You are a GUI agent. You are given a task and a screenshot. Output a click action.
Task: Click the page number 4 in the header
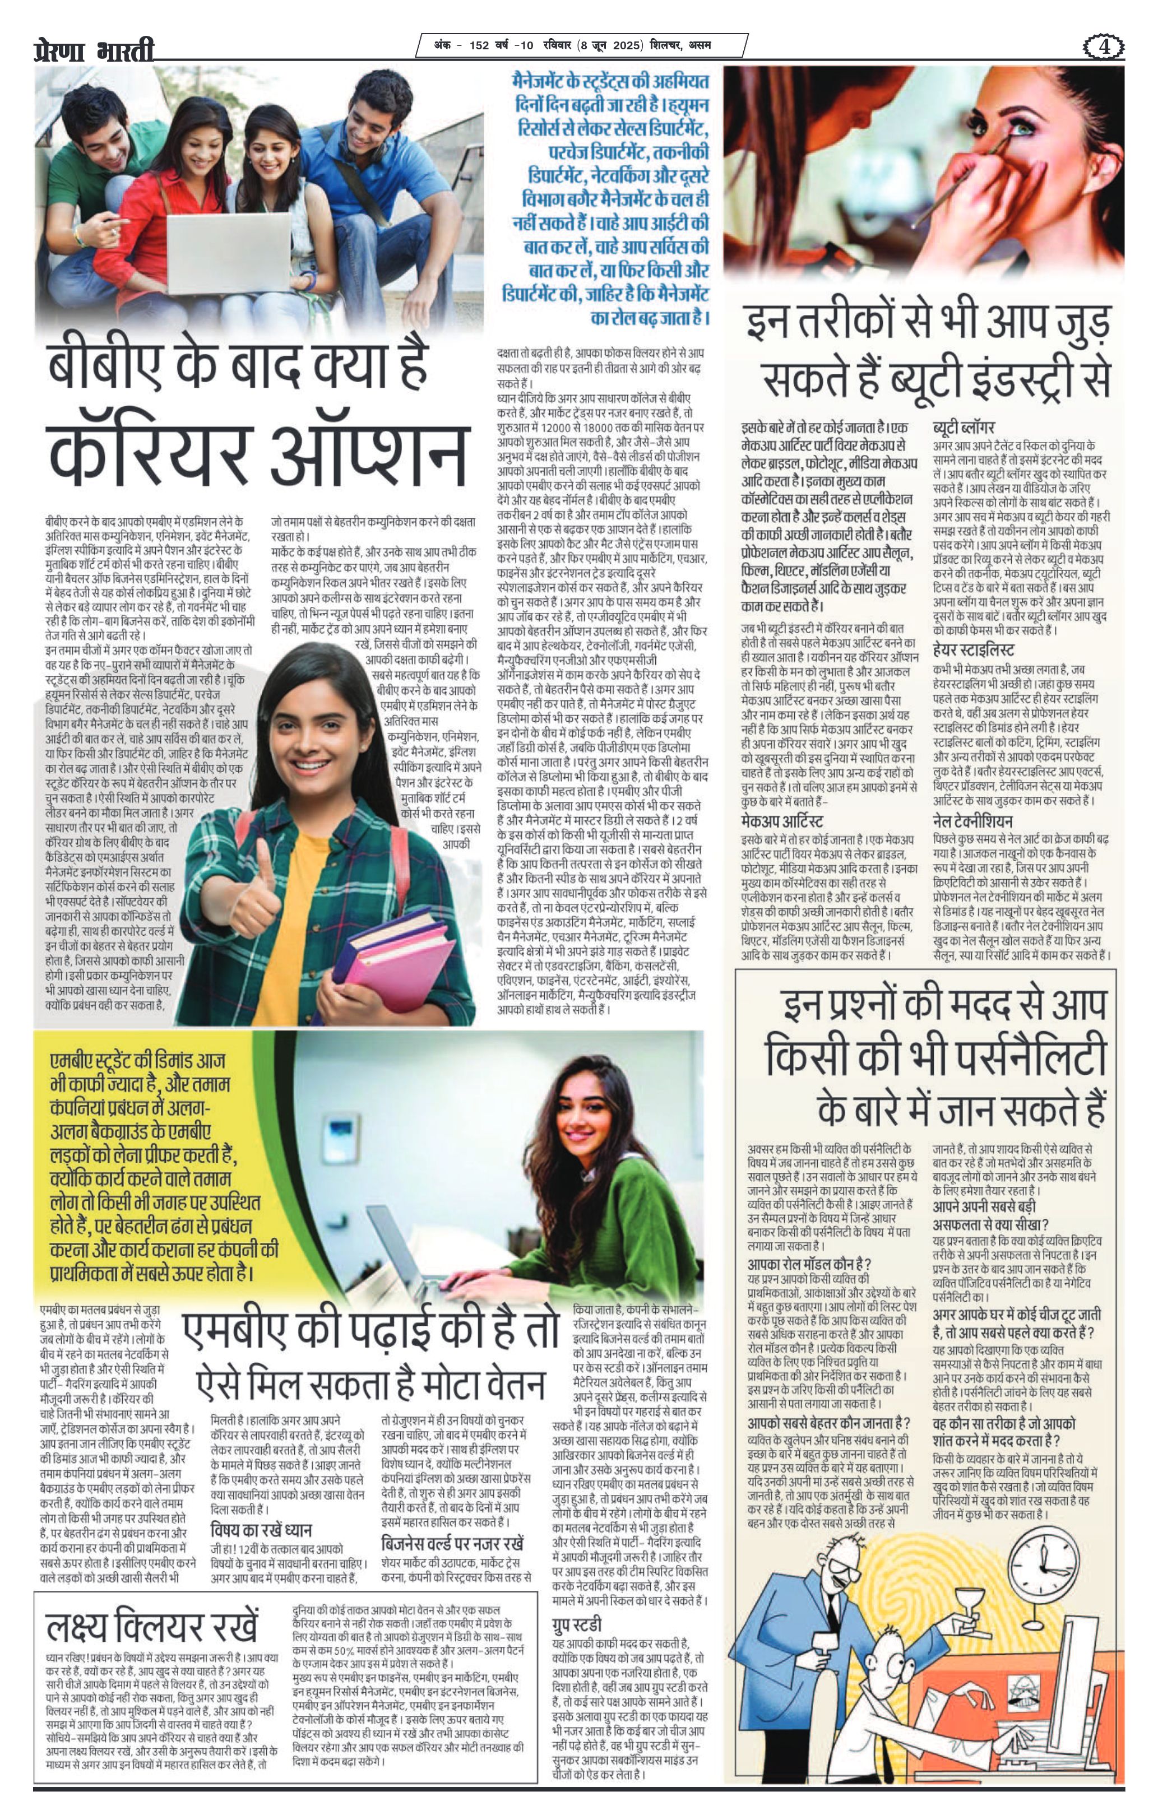click(1104, 47)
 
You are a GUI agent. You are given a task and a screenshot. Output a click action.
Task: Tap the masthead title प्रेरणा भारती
click(95, 50)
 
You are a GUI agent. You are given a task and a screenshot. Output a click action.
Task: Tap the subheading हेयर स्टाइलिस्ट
click(973, 650)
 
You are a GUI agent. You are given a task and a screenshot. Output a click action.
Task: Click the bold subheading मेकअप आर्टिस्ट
click(781, 821)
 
